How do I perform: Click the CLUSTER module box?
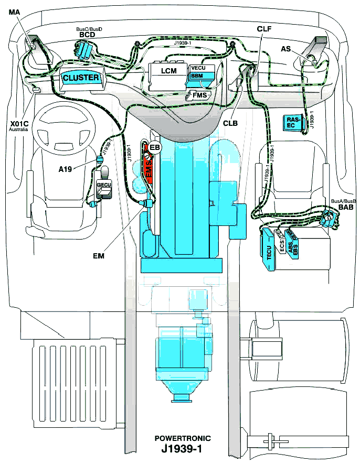[x=81, y=78]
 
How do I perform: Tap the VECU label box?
[x=199, y=68]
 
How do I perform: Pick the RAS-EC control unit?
[x=293, y=122]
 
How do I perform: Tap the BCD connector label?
[x=86, y=35]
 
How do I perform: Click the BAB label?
[x=345, y=208]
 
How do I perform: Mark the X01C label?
[x=19, y=124]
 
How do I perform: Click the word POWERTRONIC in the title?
[x=182, y=438]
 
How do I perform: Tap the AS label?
[x=286, y=48]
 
